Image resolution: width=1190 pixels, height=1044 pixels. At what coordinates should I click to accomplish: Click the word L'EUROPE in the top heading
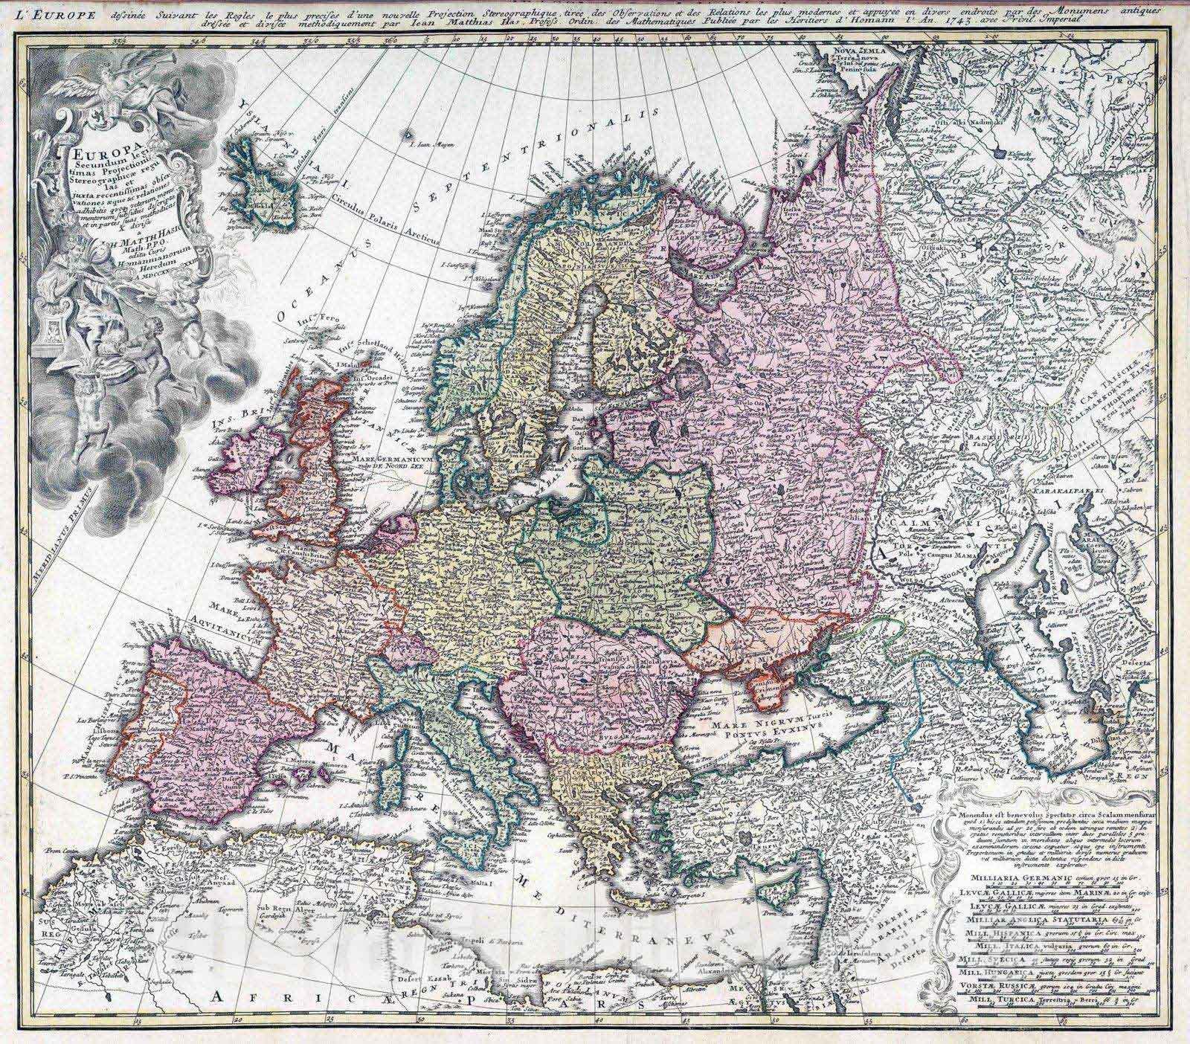click(x=36, y=10)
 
